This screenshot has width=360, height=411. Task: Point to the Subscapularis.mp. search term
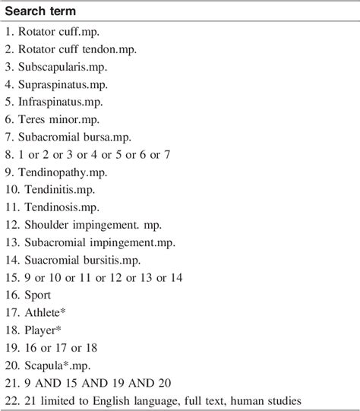(x=64, y=68)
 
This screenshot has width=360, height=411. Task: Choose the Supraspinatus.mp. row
(x=64, y=85)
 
